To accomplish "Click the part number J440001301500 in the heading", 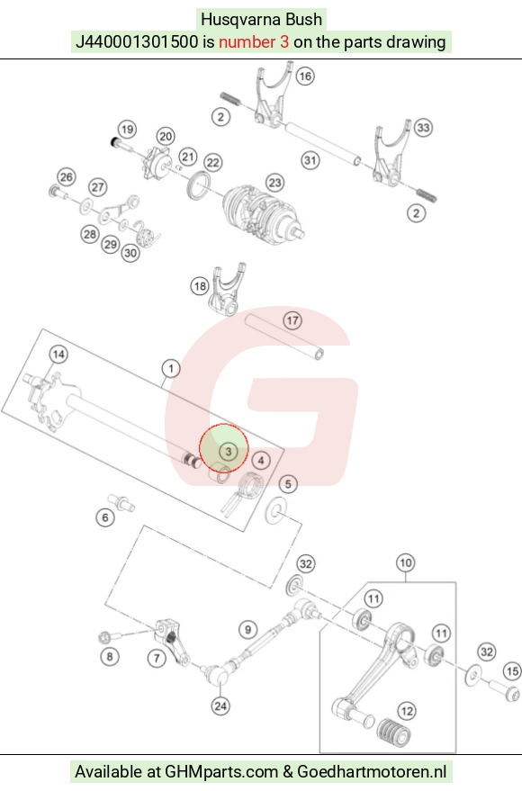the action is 137,41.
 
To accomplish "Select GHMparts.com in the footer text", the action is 222,772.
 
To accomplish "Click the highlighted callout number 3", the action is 228,451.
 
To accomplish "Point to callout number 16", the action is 304,76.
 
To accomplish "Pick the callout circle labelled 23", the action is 274,183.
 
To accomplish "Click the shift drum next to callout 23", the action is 262,210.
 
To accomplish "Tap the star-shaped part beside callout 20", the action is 157,164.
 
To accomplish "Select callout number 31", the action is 310,160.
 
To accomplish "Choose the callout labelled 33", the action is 423,128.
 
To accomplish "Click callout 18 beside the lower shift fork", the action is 200,286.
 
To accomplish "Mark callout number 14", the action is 58,355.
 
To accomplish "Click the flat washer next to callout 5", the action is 276,510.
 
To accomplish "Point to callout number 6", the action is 105,517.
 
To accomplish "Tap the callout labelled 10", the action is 406,563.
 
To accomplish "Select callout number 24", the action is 220,706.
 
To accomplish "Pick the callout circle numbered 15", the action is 512,671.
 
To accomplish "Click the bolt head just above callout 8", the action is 103,638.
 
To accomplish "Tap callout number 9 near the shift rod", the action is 247,630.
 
